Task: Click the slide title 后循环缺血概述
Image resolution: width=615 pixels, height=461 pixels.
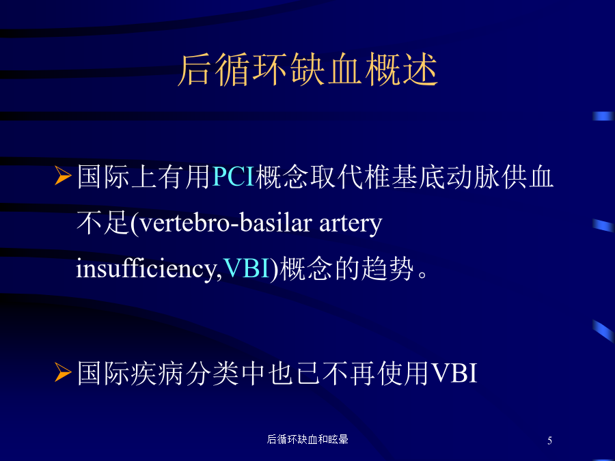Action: coord(307,70)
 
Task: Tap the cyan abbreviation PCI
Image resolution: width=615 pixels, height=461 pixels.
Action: coord(234,177)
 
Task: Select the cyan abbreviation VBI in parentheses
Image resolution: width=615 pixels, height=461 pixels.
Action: coord(246,268)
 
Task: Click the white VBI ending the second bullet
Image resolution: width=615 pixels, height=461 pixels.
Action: coord(454,373)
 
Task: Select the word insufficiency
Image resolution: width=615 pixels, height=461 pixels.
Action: coord(146,269)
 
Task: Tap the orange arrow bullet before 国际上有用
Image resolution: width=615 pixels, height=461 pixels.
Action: coord(63,176)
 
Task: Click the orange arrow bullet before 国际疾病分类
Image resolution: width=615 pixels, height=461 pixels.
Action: coord(63,372)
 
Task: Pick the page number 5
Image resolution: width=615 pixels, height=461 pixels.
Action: coord(549,441)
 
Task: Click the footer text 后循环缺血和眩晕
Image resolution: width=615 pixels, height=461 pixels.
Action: coord(307,439)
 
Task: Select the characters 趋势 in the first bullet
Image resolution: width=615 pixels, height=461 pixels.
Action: coord(387,268)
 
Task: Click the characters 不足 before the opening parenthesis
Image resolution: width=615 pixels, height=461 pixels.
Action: coord(102,223)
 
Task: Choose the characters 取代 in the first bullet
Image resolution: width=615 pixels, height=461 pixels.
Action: coord(336,177)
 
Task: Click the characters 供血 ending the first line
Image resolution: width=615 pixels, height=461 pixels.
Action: coord(527,177)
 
